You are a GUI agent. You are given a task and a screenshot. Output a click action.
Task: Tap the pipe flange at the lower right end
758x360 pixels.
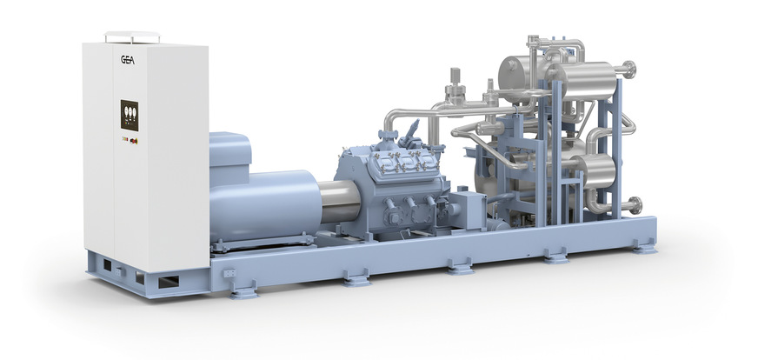pyautogui.click(x=637, y=204)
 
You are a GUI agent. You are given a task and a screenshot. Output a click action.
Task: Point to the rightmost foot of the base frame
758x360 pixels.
pyautogui.click(x=643, y=248)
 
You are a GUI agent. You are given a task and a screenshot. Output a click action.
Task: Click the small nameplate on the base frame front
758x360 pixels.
pyautogui.click(x=229, y=273)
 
